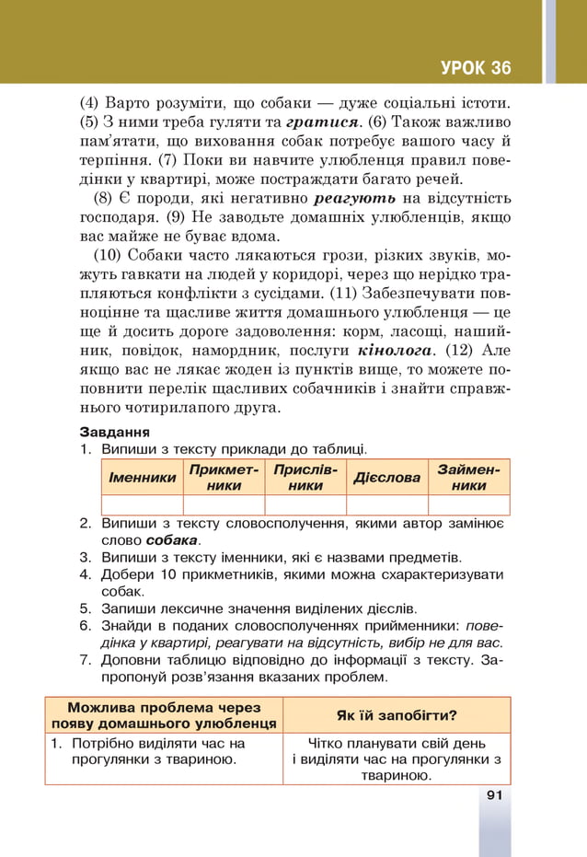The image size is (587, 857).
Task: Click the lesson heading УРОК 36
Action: pyautogui.click(x=475, y=68)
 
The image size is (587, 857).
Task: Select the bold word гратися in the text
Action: pyautogui.click(x=322, y=122)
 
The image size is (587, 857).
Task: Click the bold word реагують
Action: pyautogui.click(x=355, y=198)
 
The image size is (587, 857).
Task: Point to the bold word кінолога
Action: pyautogui.click(x=394, y=351)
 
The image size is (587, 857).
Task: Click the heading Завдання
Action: pyautogui.click(x=114, y=431)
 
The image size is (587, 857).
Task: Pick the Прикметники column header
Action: pyautogui.click(x=224, y=477)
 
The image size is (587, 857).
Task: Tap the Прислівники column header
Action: pyautogui.click(x=305, y=477)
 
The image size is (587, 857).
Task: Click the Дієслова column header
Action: pyautogui.click(x=387, y=477)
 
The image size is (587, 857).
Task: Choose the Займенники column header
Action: pyautogui.click(x=469, y=477)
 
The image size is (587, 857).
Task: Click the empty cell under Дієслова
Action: pyautogui.click(x=387, y=504)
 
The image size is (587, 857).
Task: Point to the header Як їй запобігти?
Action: pyautogui.click(x=397, y=714)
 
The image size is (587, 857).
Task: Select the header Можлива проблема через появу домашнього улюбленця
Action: pyautogui.click(x=164, y=714)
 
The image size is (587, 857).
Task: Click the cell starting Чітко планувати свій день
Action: pyautogui.click(x=397, y=759)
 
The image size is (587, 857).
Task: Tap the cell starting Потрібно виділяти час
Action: pyautogui.click(x=164, y=751)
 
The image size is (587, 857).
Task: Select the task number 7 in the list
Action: pyautogui.click(x=84, y=660)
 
